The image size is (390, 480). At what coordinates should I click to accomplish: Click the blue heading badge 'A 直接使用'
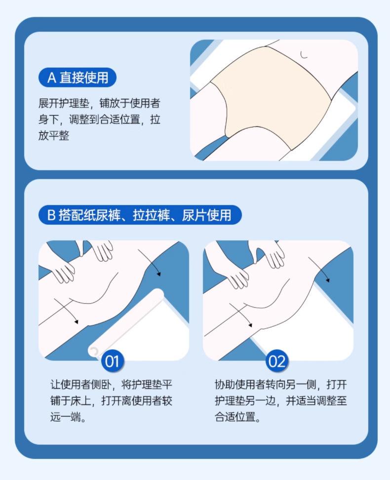click(78, 78)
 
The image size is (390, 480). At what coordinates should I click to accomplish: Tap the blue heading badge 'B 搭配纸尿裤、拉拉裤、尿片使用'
click(140, 215)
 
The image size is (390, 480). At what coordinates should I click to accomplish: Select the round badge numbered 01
click(113, 361)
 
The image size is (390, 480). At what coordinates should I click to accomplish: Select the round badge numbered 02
click(277, 361)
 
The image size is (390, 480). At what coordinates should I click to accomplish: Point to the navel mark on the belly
click(304, 55)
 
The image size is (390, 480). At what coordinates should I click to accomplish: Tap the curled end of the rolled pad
click(94, 351)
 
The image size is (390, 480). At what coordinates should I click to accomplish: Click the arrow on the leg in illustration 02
click(241, 315)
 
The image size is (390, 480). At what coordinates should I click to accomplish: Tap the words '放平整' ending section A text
click(54, 135)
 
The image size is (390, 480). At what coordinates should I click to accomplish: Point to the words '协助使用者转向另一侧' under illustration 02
click(266, 385)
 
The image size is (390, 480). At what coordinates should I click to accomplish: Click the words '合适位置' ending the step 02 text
click(235, 417)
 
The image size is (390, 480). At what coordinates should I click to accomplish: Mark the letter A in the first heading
click(52, 78)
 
